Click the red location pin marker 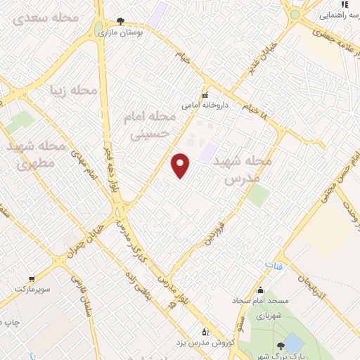[x=181, y=165]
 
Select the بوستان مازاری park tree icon [x=120, y=22]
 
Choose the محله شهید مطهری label [x=36, y=155]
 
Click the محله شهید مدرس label [x=242, y=169]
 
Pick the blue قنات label [x=273, y=266]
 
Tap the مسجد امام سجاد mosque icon [x=260, y=290]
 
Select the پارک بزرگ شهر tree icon [x=281, y=345]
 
